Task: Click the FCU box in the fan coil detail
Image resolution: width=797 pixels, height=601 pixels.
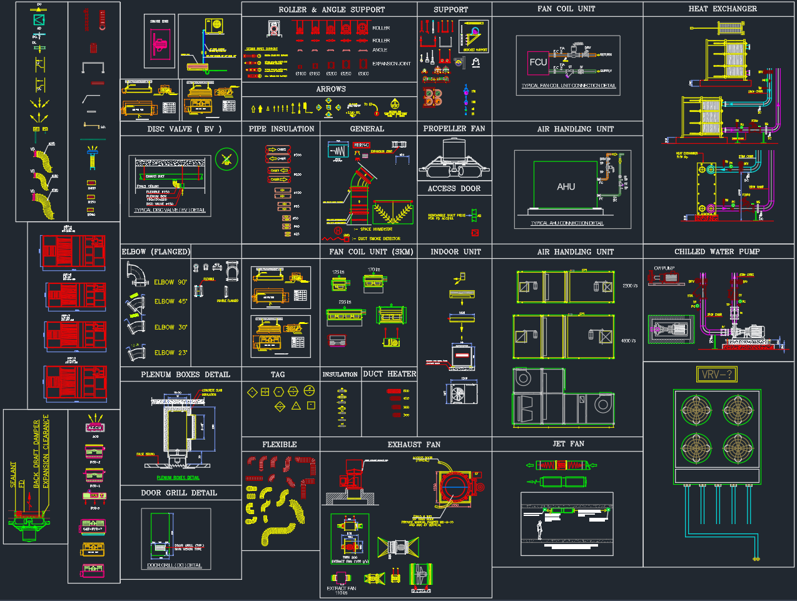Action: [538, 63]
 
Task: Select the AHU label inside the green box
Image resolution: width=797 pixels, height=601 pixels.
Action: [566, 187]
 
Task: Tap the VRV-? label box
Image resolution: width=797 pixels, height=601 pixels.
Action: [717, 375]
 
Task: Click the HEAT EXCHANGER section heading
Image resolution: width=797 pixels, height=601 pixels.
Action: [722, 9]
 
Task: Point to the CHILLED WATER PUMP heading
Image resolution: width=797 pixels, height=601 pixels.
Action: [717, 251]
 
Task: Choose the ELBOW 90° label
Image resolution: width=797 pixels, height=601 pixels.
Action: [170, 283]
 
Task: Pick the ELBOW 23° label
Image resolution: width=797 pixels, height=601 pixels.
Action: [170, 353]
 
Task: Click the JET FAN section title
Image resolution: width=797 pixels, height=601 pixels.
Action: [568, 444]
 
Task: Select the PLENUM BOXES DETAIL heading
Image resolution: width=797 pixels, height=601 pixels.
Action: [185, 375]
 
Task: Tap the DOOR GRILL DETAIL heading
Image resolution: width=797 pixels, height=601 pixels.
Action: [179, 493]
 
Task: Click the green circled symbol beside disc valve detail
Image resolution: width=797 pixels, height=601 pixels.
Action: [226, 159]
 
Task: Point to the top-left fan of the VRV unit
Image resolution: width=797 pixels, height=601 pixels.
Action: [696, 410]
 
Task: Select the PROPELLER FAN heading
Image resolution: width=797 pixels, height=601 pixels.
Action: [454, 129]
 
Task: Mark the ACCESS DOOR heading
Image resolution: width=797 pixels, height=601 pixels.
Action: [454, 188]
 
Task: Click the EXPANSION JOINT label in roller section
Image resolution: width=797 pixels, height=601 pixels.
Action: [391, 64]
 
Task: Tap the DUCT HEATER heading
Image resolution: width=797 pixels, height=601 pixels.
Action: [389, 374]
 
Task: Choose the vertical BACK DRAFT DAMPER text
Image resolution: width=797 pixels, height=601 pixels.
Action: [36, 453]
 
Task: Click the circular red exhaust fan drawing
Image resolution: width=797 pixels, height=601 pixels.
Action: [457, 487]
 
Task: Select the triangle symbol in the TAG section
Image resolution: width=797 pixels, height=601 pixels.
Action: [296, 406]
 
